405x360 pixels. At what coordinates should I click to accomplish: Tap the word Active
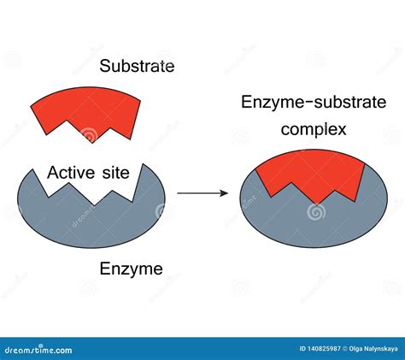coord(70,174)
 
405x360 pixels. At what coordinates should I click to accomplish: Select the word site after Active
coord(114,174)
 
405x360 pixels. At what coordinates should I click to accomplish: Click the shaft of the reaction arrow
coord(197,193)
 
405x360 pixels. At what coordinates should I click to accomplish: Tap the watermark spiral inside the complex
coord(314,209)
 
